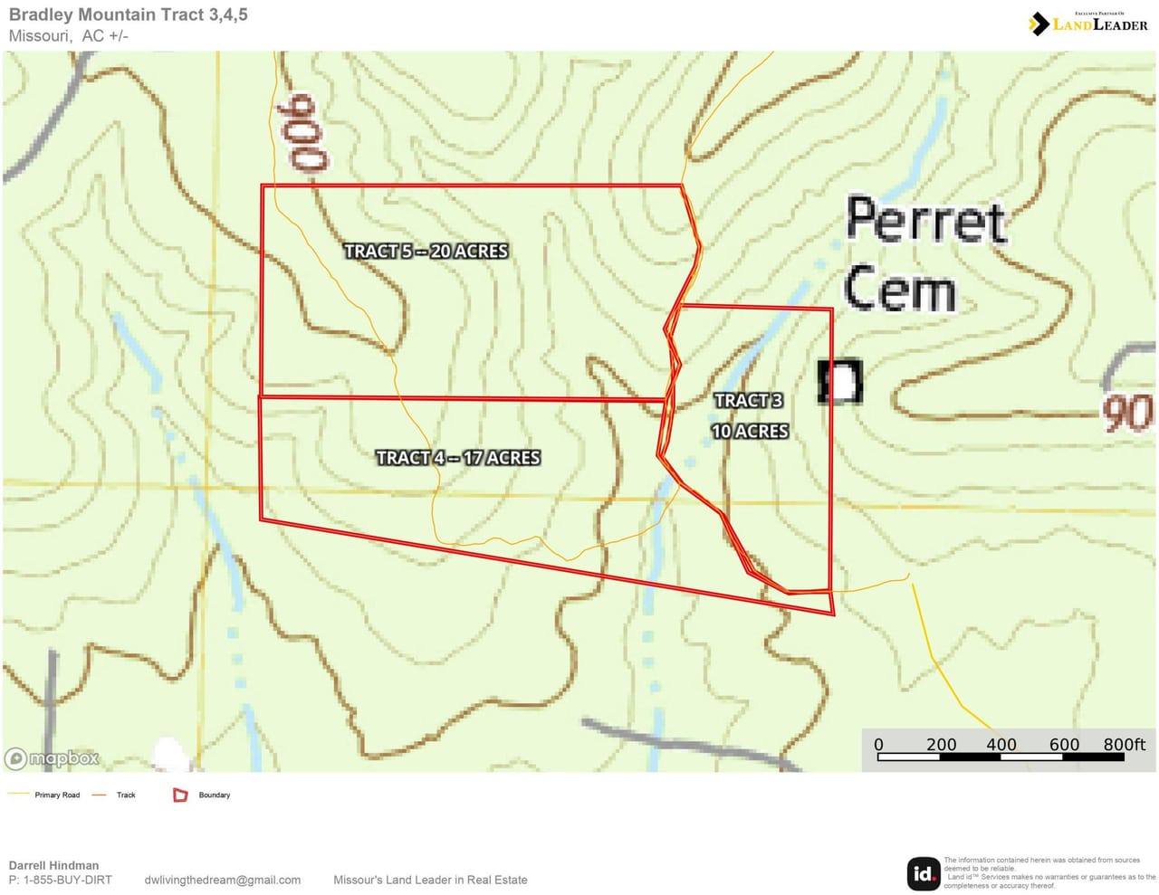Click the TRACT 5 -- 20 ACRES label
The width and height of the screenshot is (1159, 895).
click(x=426, y=251)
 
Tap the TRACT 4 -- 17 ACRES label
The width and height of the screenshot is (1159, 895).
click(x=458, y=458)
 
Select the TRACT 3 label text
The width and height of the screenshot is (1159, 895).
click(x=748, y=400)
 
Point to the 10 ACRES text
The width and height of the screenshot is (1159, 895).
click(x=750, y=432)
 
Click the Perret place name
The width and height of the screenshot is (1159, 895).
click(x=925, y=220)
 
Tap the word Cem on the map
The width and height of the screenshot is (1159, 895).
click(x=900, y=289)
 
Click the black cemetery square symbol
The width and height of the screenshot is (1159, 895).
click(x=840, y=381)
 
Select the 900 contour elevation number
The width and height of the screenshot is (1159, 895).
click(x=304, y=133)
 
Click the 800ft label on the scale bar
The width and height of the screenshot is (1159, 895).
click(x=1124, y=744)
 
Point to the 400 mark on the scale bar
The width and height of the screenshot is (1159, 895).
click(x=1001, y=744)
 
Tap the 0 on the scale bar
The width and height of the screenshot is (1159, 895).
click(x=878, y=744)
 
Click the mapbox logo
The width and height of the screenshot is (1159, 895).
click(x=52, y=758)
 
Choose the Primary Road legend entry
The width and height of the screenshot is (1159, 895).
click(x=57, y=795)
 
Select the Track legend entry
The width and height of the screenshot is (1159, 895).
click(x=126, y=795)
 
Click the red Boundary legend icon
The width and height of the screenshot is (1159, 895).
click(x=180, y=795)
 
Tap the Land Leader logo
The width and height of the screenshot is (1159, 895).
click(x=1088, y=24)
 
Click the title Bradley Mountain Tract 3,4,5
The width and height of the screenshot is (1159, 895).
click(x=128, y=14)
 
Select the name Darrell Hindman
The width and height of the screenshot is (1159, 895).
click(x=53, y=865)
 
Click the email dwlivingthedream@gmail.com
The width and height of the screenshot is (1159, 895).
click(x=222, y=880)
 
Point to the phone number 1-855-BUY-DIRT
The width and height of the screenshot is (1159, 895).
click(x=67, y=880)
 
